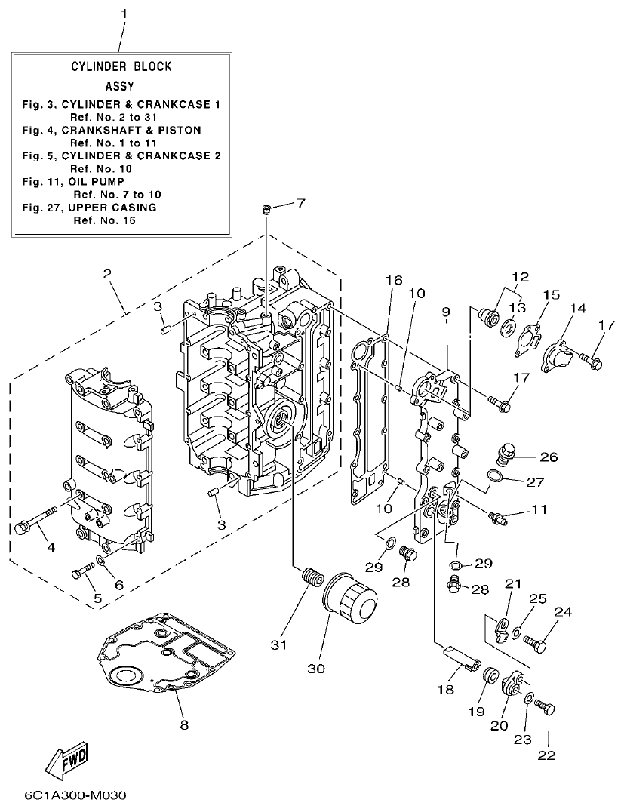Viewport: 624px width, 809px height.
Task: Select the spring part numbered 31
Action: coord(309,584)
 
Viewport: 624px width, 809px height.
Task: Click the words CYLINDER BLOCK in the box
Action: coord(121,66)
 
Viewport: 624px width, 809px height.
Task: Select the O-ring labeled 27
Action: coord(494,476)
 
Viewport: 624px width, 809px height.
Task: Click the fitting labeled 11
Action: coord(498,517)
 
